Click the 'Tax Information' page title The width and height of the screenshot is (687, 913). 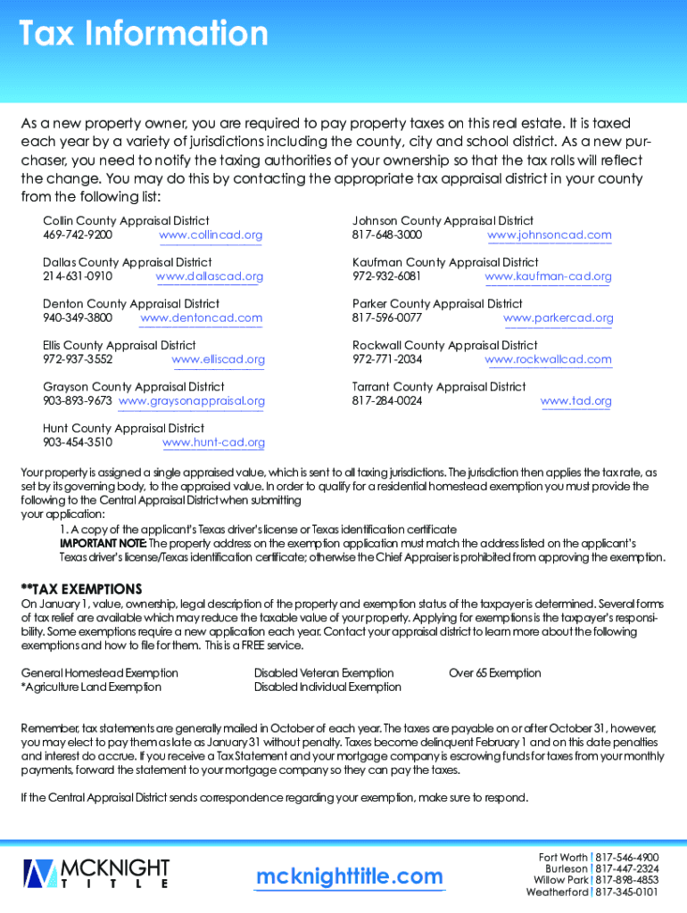click(144, 35)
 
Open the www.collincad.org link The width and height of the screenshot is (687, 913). click(211, 235)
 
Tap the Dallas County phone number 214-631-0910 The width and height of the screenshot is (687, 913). click(78, 276)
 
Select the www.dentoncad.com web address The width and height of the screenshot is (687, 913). click(202, 317)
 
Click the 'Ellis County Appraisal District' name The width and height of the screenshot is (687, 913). click(120, 345)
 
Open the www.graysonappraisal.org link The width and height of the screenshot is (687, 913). click(192, 401)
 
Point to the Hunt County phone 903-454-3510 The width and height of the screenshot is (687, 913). click(78, 442)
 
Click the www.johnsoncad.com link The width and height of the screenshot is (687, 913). click(550, 235)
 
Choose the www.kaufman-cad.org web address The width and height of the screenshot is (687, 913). click(548, 276)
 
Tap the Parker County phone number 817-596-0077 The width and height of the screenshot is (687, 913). click(387, 317)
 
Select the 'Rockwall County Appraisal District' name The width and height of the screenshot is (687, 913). click(445, 345)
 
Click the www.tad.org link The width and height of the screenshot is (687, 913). click(576, 401)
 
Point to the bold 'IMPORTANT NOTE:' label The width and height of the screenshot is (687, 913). click(103, 543)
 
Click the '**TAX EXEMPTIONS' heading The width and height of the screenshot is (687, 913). click(81, 589)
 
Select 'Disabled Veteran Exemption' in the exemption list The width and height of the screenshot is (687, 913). click(324, 673)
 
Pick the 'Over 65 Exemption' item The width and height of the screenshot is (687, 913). click(495, 673)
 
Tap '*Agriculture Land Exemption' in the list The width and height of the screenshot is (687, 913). click(91, 687)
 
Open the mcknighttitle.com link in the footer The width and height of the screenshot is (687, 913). click(349, 877)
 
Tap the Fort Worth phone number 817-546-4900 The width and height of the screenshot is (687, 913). click(627, 857)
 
